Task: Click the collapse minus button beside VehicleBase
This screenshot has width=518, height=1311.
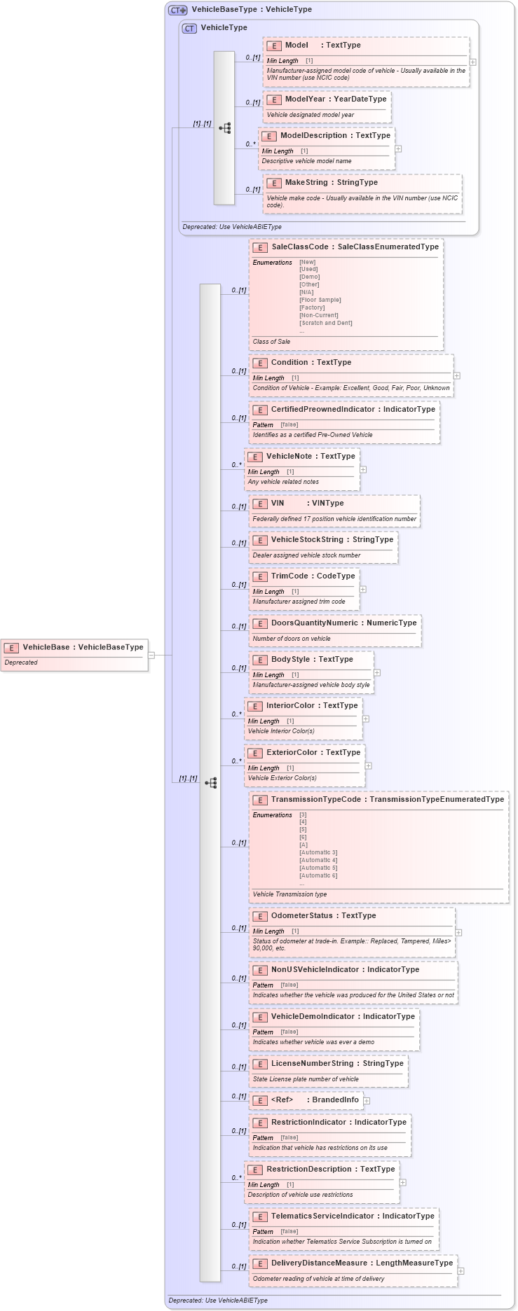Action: point(151,655)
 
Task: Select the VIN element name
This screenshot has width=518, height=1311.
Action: point(278,503)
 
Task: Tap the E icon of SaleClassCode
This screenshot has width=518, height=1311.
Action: point(259,247)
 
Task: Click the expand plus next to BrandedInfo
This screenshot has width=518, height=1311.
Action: point(367,1100)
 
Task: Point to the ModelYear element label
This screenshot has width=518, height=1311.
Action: point(306,99)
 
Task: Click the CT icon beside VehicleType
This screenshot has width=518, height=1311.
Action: point(189,28)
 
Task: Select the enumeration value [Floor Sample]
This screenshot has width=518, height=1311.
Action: point(320,300)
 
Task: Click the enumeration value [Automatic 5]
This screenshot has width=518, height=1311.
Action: point(318,868)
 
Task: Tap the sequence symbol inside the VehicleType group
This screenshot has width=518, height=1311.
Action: point(224,128)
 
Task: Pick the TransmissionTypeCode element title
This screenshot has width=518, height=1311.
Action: point(315,799)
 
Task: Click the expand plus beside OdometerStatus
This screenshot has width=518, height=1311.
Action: point(458,932)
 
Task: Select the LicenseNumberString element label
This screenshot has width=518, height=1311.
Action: point(311,1063)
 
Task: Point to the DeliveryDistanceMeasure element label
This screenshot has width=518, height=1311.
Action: point(320,1263)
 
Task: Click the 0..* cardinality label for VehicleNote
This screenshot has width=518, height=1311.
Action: point(236,465)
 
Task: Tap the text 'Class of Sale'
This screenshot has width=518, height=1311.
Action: point(271,342)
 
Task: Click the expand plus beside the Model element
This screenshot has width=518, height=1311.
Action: point(473,62)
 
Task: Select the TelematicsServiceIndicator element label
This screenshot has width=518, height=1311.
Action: point(322,1216)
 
